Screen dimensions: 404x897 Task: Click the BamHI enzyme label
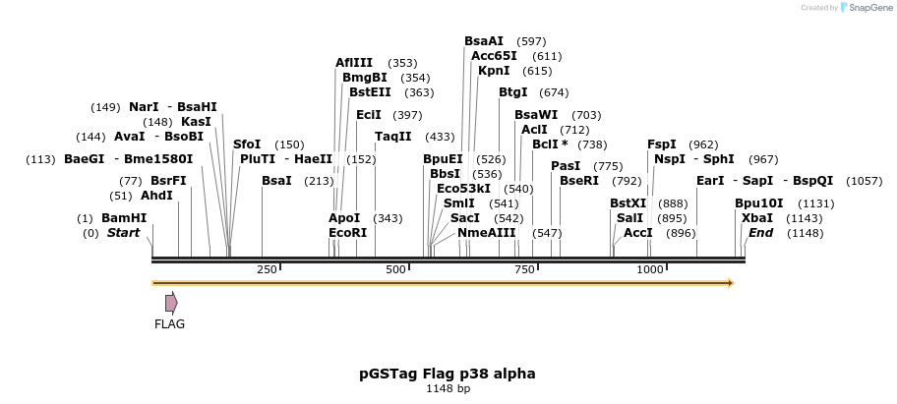(x=124, y=218)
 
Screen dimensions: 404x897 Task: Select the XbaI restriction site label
(x=757, y=218)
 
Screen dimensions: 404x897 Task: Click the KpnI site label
(x=494, y=71)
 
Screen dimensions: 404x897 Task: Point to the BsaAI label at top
(x=484, y=41)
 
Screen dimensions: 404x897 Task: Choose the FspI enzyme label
(x=662, y=144)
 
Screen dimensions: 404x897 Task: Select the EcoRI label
(x=347, y=233)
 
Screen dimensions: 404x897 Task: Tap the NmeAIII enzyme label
(x=486, y=233)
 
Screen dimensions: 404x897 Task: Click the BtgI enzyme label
(x=513, y=92)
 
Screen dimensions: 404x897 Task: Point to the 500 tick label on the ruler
(x=396, y=269)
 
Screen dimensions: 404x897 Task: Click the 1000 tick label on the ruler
(x=650, y=269)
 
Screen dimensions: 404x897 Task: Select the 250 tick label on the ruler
(x=267, y=269)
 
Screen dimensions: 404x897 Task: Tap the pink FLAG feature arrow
(x=171, y=303)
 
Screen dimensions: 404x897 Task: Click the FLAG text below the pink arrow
(x=169, y=323)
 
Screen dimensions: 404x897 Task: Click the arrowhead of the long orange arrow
(x=730, y=283)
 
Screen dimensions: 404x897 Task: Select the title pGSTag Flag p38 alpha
(x=448, y=374)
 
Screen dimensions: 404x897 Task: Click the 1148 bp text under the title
(x=448, y=389)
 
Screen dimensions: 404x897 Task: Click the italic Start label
(x=124, y=233)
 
